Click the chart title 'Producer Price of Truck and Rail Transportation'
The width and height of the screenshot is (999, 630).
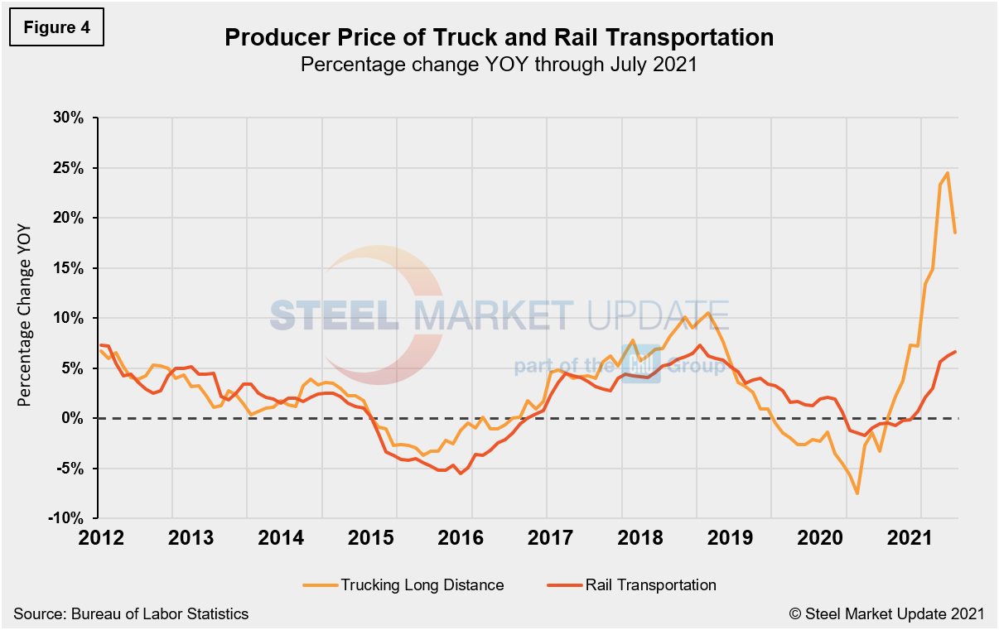tap(499, 37)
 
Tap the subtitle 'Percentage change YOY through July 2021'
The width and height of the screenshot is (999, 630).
tap(499, 65)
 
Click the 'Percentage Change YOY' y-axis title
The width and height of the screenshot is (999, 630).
tap(25, 318)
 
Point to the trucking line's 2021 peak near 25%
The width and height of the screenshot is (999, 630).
tap(947, 173)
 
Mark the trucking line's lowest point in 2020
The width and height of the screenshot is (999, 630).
tap(857, 493)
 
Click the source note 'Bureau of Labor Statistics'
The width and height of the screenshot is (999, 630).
tap(131, 613)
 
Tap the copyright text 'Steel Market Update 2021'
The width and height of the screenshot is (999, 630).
tap(886, 613)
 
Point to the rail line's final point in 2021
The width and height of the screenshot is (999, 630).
tap(955, 352)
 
